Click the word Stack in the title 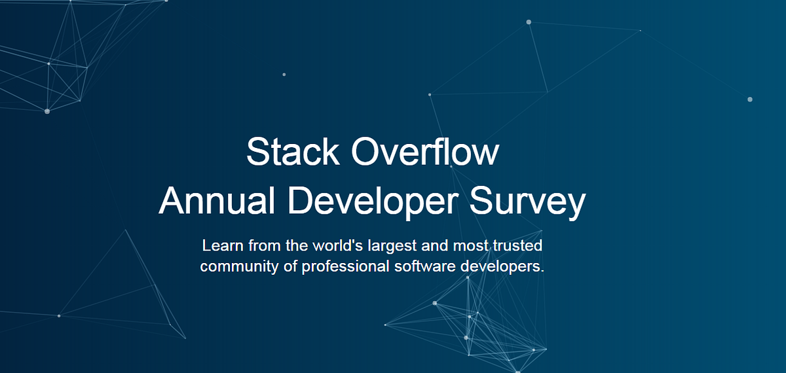293,152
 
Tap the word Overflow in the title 425,152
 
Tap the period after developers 543,271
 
